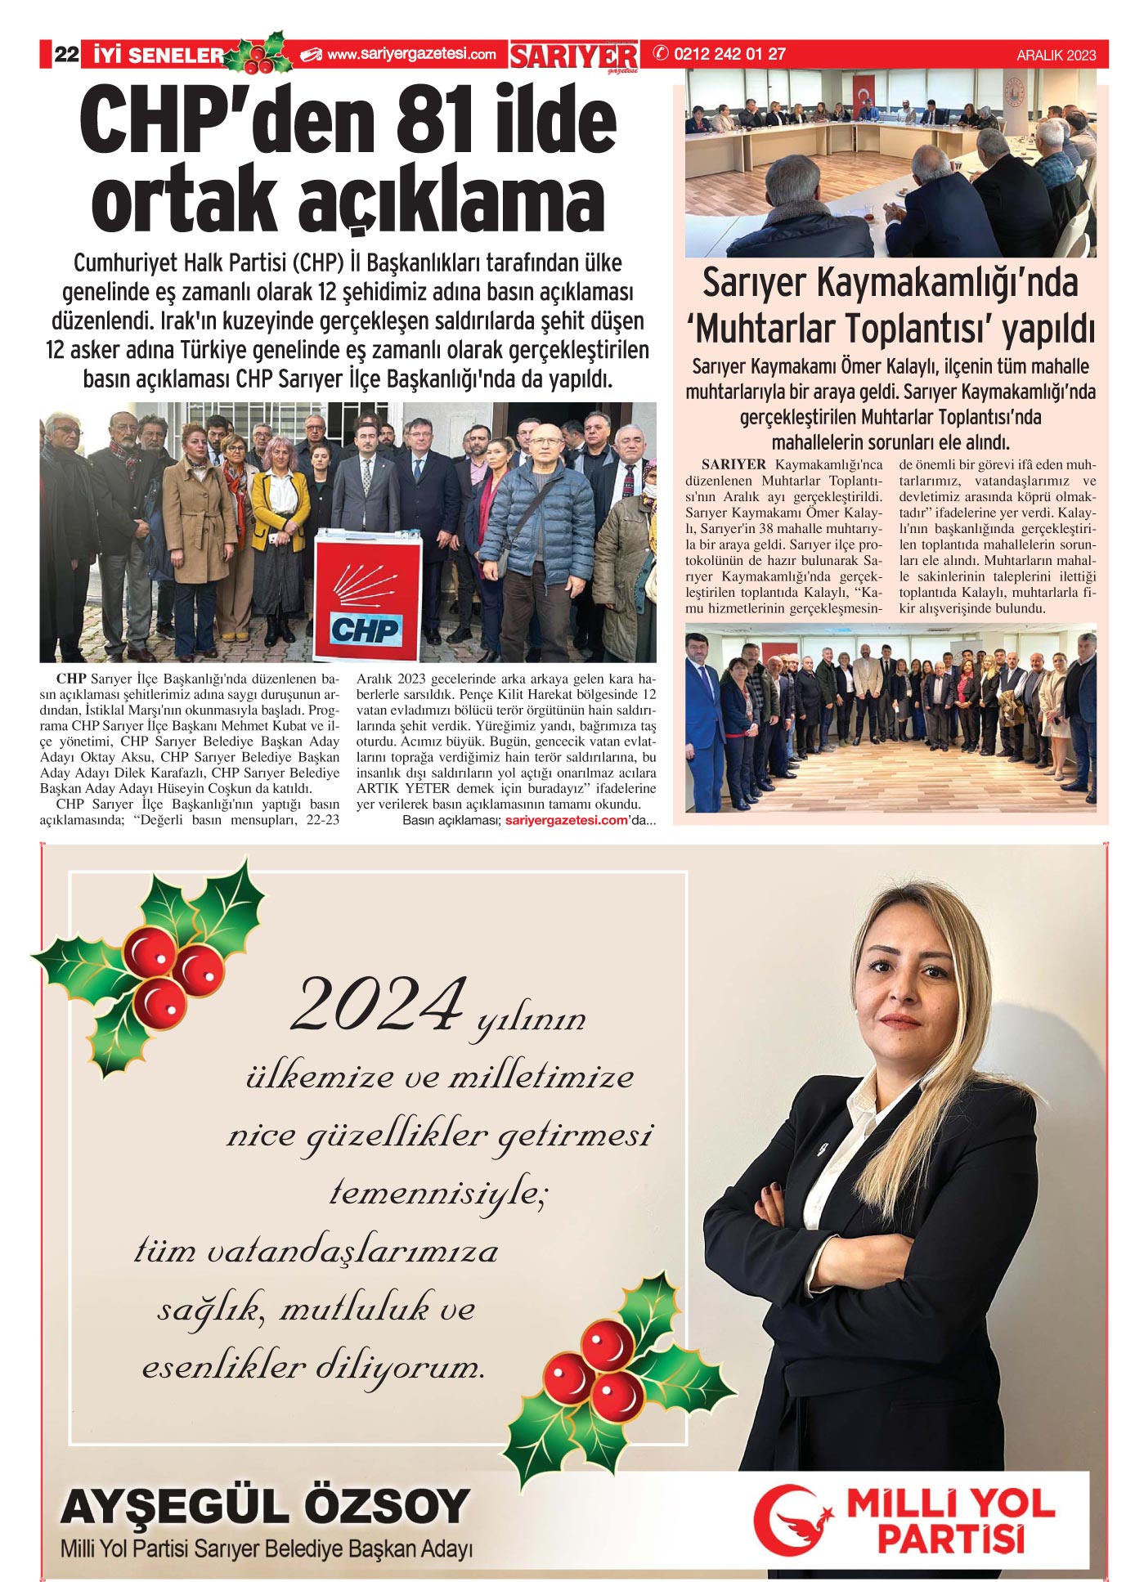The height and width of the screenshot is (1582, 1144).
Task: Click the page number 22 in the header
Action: tap(66, 55)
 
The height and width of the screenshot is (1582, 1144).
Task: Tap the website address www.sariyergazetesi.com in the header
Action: tap(411, 55)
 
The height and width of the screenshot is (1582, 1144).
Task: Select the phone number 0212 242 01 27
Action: tap(729, 54)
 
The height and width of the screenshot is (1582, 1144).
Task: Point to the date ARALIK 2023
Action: tap(1056, 56)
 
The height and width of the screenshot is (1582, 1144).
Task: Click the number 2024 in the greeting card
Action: tap(378, 1006)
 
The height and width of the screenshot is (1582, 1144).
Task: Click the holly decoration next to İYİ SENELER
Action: tap(260, 55)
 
